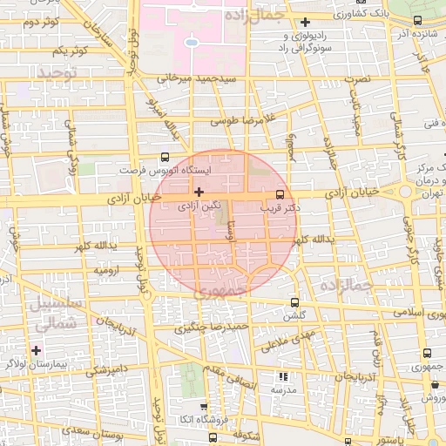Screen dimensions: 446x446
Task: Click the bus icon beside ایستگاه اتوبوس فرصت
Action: pyautogui.click(x=166, y=158)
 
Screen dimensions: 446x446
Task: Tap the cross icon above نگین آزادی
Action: pyautogui.click(x=199, y=192)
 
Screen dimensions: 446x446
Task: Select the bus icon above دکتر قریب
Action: pyautogui.click(x=280, y=194)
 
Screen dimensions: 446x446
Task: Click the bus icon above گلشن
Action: pyautogui.click(x=295, y=302)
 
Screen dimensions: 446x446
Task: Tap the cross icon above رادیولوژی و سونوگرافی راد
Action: pyautogui.click(x=305, y=23)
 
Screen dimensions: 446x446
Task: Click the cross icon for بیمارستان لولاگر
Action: pyautogui.click(x=36, y=350)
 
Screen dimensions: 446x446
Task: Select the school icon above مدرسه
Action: pyautogui.click(x=282, y=376)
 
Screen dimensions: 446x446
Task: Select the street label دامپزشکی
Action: pyautogui.click(x=107, y=370)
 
